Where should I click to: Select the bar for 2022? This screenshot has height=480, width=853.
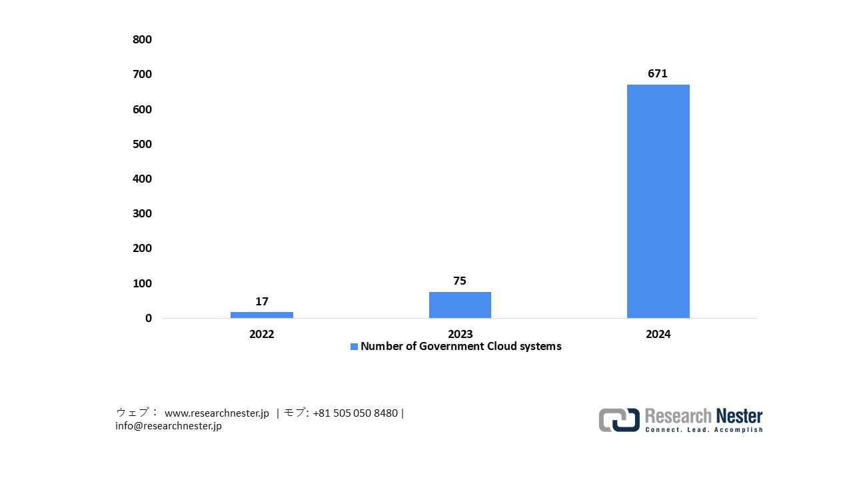click(x=262, y=315)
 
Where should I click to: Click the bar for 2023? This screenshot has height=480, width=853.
click(x=460, y=305)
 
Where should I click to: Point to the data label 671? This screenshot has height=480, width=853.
click(x=658, y=74)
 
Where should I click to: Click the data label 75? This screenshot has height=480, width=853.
click(x=460, y=281)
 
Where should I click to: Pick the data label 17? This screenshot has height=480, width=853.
click(x=262, y=301)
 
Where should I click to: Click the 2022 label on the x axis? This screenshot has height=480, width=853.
click(x=262, y=334)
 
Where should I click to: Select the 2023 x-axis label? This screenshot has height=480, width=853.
click(x=460, y=334)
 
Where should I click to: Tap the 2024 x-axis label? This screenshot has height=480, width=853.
click(x=658, y=334)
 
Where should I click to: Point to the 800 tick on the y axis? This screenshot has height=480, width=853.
click(x=143, y=39)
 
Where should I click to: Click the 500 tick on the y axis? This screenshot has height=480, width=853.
click(x=143, y=144)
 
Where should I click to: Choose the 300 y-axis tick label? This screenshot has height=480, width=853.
click(x=143, y=213)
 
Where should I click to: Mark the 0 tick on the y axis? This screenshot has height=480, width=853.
click(x=149, y=318)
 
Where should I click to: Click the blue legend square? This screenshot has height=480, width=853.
click(x=355, y=347)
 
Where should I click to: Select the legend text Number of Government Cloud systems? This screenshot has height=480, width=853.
click(x=460, y=347)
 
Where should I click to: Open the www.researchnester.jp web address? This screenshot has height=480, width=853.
click(x=217, y=413)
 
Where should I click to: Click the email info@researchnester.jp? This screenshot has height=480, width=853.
click(x=169, y=426)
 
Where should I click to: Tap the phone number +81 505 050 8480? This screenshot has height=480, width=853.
click(x=355, y=413)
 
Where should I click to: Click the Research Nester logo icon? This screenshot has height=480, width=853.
click(x=619, y=420)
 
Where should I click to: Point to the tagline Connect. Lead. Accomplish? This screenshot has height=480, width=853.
click(x=704, y=430)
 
